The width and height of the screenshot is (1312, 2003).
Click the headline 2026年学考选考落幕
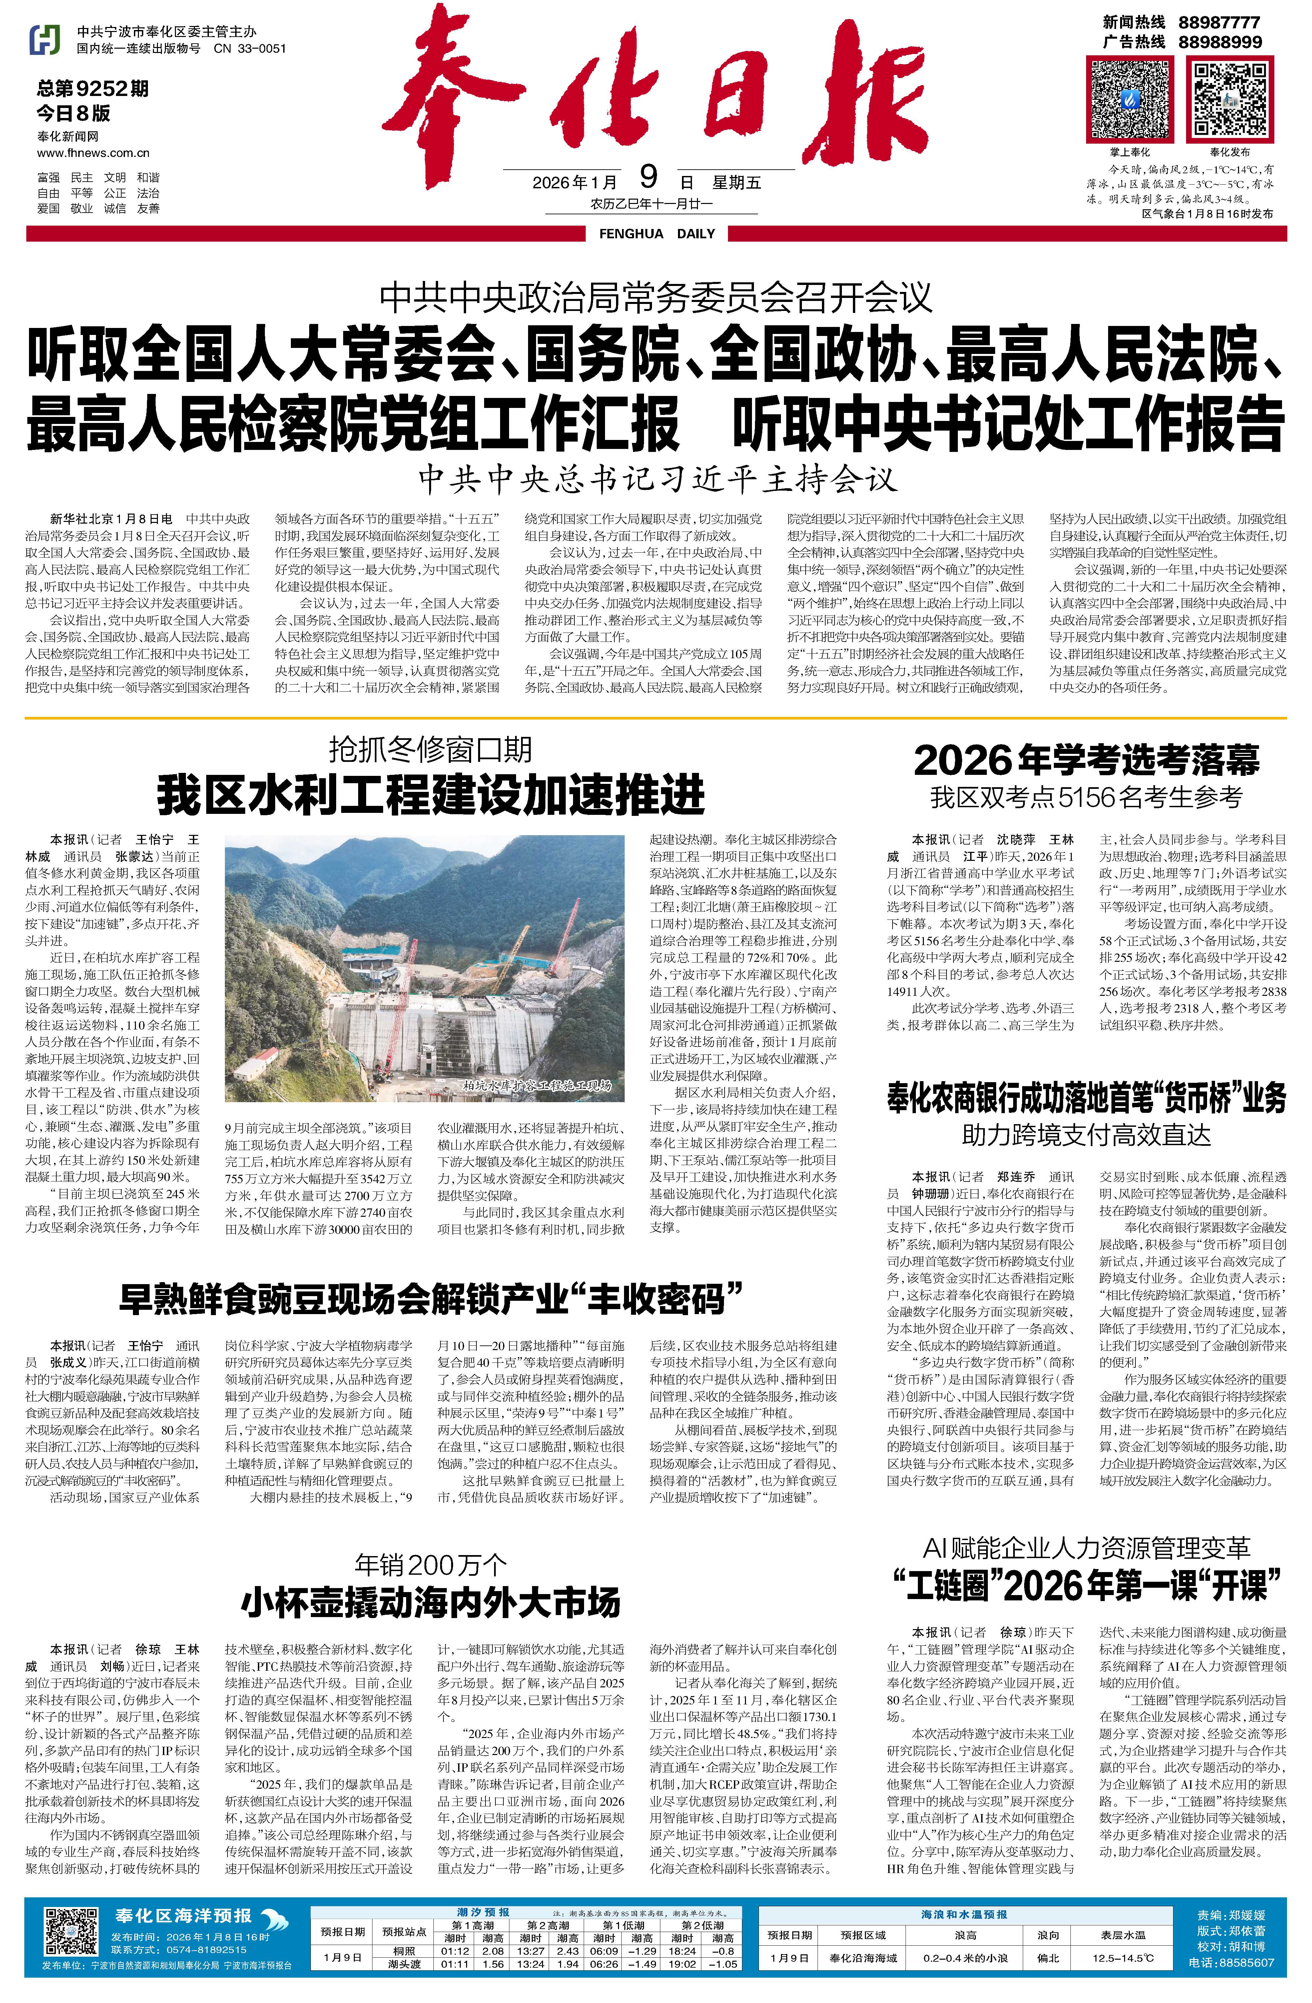click(1086, 761)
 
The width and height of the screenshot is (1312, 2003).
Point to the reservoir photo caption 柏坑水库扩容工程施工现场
click(537, 1086)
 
